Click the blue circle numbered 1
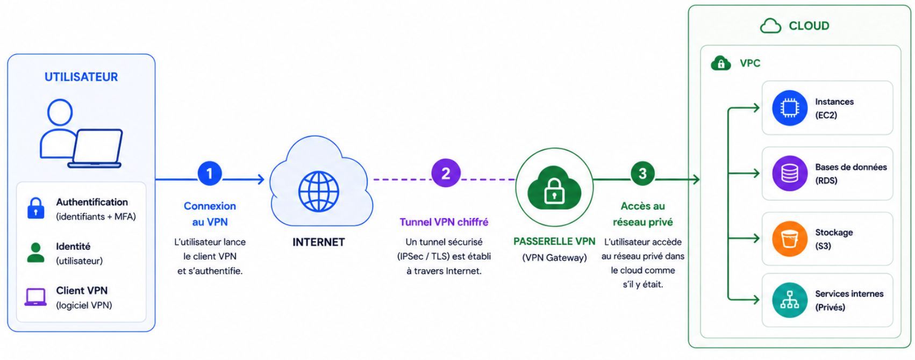[x=210, y=174]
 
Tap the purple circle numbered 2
[x=446, y=173]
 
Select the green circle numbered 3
[x=642, y=174]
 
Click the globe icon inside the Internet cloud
[x=319, y=191]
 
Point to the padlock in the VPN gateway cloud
[x=554, y=191]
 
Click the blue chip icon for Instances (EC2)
[x=790, y=108]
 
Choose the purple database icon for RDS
[x=790, y=173]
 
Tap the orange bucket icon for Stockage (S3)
[x=790, y=239]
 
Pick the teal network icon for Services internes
[x=790, y=300]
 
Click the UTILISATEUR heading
[x=81, y=77]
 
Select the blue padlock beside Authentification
[x=36, y=208]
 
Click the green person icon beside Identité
[x=36, y=253]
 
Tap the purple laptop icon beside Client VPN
[x=35, y=297]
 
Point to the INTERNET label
[x=319, y=242]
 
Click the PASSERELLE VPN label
[x=554, y=241]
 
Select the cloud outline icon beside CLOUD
[x=770, y=26]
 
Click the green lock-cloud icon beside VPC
[x=721, y=63]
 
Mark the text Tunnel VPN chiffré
[x=444, y=222]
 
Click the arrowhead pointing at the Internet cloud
[x=261, y=179]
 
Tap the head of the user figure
[x=60, y=112]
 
